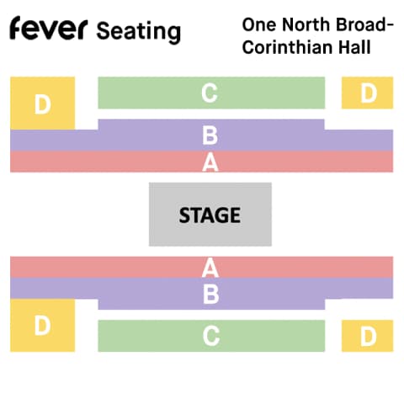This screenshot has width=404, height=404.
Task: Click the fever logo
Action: pyautogui.click(x=49, y=28)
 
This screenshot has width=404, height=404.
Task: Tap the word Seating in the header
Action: pyautogui.click(x=139, y=32)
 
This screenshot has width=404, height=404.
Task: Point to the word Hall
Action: pyautogui.click(x=354, y=47)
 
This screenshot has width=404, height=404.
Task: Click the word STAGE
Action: pyautogui.click(x=210, y=215)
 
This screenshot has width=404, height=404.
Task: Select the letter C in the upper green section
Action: pyautogui.click(x=210, y=93)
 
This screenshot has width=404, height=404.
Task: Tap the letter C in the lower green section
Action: pyautogui.click(x=211, y=336)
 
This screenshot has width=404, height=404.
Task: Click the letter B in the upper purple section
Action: pyautogui.click(x=210, y=136)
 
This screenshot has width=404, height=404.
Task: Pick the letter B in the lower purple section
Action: pyautogui.click(x=211, y=295)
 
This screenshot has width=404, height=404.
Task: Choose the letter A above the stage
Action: pyautogui.click(x=210, y=162)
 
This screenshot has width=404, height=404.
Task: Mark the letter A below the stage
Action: pyautogui.click(x=210, y=268)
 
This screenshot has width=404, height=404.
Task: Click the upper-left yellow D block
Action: pyautogui.click(x=43, y=104)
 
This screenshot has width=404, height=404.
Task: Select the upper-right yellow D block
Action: pyautogui.click(x=367, y=93)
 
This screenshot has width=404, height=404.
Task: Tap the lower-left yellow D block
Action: pyautogui.click(x=43, y=325)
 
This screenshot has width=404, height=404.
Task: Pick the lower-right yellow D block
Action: pyautogui.click(x=367, y=336)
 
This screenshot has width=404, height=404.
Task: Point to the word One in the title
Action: pyautogui.click(x=259, y=24)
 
